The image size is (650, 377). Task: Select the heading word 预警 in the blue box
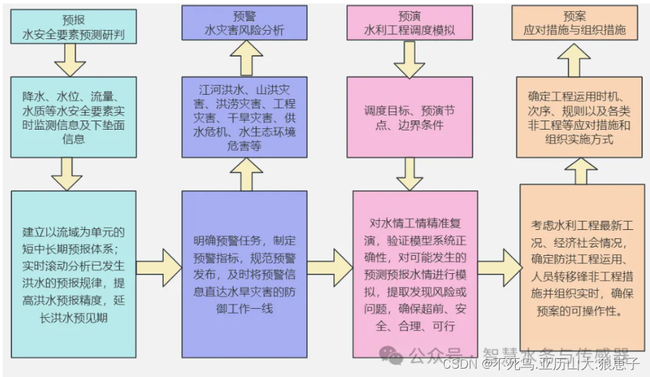(244, 15)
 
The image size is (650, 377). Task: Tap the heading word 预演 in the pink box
(409, 15)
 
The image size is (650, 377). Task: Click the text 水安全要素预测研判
(73, 33)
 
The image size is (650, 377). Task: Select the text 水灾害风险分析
(244, 31)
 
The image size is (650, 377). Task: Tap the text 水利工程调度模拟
(409, 31)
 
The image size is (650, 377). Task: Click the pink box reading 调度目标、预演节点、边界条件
(409, 118)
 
